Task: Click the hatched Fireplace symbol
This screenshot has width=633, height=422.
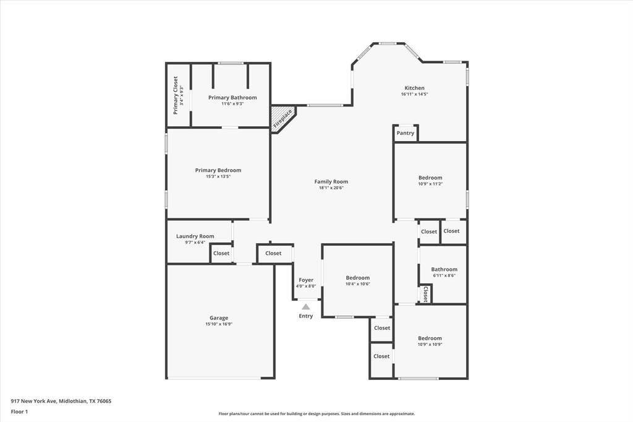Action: pyautogui.click(x=282, y=118)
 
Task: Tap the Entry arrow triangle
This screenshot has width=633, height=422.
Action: pyautogui.click(x=306, y=306)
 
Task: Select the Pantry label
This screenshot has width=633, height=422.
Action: pyautogui.click(x=406, y=133)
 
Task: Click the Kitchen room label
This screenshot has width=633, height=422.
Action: pyautogui.click(x=414, y=88)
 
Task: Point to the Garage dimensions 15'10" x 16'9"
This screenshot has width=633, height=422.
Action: pyautogui.click(x=219, y=324)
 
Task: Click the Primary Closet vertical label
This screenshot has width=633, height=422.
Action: pyautogui.click(x=176, y=95)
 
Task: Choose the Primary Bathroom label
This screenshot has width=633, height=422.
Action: pyautogui.click(x=232, y=98)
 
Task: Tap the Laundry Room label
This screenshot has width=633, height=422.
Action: pyautogui.click(x=195, y=236)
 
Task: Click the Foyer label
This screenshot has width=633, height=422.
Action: pyautogui.click(x=306, y=280)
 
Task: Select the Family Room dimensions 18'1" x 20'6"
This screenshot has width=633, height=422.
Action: pyautogui.click(x=331, y=187)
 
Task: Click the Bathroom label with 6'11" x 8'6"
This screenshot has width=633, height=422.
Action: pyautogui.click(x=444, y=269)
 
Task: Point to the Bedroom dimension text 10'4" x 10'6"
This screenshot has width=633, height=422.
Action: pyautogui.click(x=357, y=284)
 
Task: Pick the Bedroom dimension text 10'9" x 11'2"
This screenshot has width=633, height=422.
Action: pyautogui.click(x=430, y=184)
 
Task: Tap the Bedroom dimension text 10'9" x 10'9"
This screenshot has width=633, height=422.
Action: pyautogui.click(x=430, y=345)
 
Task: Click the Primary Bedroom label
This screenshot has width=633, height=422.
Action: pyautogui.click(x=218, y=170)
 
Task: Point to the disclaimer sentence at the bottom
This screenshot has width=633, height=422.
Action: pyautogui.click(x=316, y=414)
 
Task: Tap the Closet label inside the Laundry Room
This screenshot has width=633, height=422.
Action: pyautogui.click(x=221, y=253)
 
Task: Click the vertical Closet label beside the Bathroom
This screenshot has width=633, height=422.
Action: pyautogui.click(x=425, y=294)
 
